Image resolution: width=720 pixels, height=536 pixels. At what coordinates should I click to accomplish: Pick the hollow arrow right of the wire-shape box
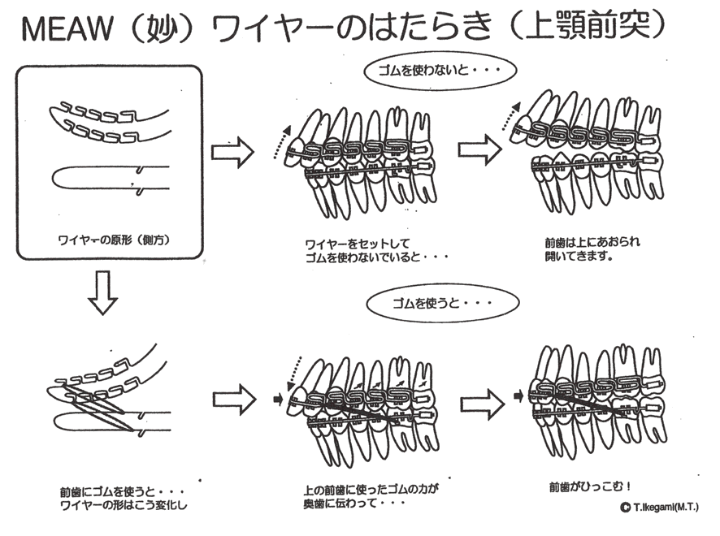tap(232, 152)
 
